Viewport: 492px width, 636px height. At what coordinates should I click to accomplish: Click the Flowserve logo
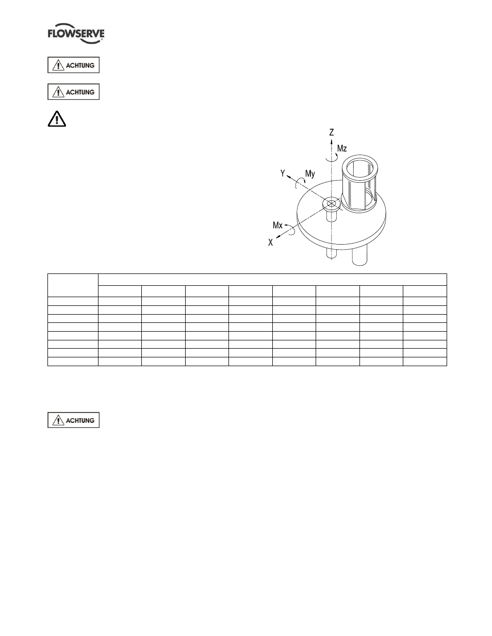(76, 33)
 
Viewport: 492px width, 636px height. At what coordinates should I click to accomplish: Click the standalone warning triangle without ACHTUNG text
(57, 119)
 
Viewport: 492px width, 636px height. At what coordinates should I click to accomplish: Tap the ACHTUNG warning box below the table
(74, 420)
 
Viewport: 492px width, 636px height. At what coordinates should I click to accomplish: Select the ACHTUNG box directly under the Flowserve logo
(74, 65)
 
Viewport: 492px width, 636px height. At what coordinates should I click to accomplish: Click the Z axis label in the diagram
(332, 132)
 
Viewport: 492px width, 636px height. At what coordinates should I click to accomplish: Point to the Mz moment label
(342, 148)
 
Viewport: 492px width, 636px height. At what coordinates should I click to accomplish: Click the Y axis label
(283, 173)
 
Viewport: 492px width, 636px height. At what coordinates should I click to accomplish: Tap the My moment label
(310, 174)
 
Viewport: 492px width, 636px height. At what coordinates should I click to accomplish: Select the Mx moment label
(277, 225)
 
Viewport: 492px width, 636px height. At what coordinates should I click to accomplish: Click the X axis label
(270, 243)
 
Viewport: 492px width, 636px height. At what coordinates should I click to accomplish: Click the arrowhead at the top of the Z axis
(332, 142)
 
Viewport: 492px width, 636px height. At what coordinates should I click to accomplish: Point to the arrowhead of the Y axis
(288, 177)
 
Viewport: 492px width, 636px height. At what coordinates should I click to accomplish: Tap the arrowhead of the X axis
(278, 237)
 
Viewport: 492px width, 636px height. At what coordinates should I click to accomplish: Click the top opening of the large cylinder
(360, 168)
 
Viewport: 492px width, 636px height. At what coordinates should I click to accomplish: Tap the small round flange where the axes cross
(332, 204)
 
